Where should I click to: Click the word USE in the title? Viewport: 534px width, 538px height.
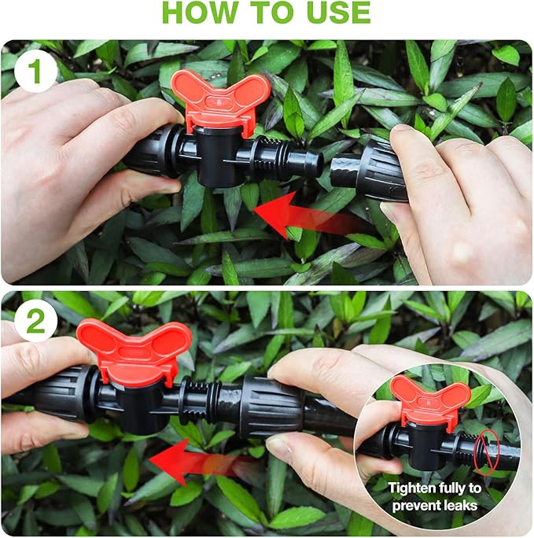(x=334, y=13)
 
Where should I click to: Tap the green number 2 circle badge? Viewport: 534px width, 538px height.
(x=35, y=321)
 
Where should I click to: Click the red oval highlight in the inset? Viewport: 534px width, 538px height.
(x=486, y=451)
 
